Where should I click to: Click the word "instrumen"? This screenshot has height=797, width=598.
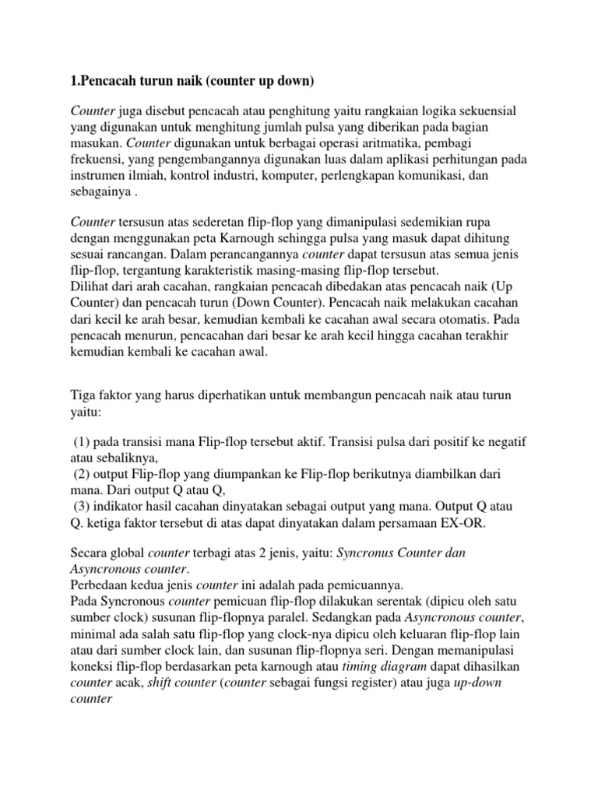[100, 176]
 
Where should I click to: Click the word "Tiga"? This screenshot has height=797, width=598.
[83, 396]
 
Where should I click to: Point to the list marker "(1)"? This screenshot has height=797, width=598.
[83, 442]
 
